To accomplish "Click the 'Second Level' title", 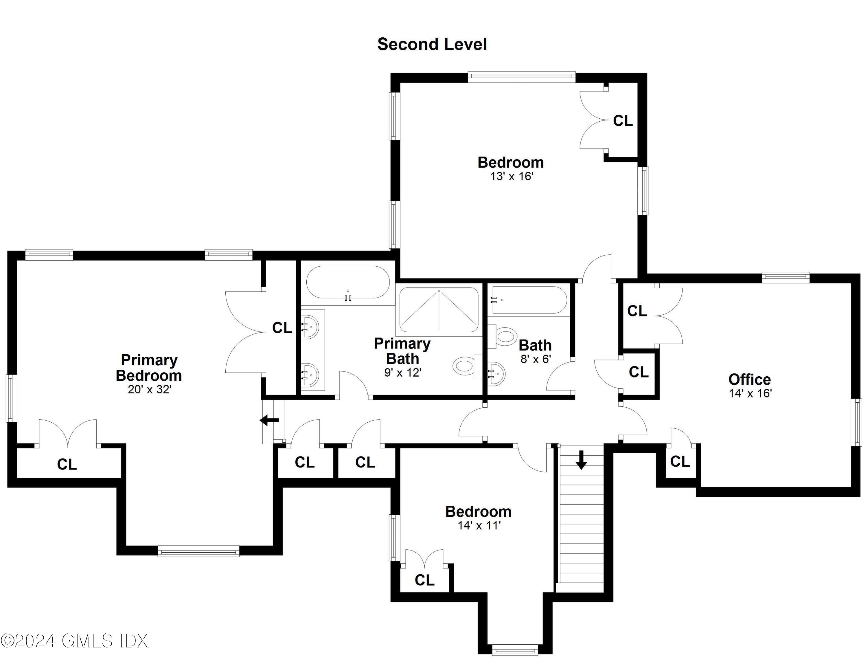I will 432,44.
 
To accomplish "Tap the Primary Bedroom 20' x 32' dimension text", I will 149,390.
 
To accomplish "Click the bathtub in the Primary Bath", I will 348,282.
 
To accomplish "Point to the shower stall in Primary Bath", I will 439,310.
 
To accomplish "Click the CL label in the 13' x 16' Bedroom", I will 622,121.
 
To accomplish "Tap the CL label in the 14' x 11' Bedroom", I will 424,580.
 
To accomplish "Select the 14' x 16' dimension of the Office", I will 750,393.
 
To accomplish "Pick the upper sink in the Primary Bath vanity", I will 310,327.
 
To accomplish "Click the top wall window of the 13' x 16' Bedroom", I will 521,77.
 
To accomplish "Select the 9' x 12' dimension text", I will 402,373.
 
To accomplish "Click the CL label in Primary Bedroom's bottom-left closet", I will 67,464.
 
